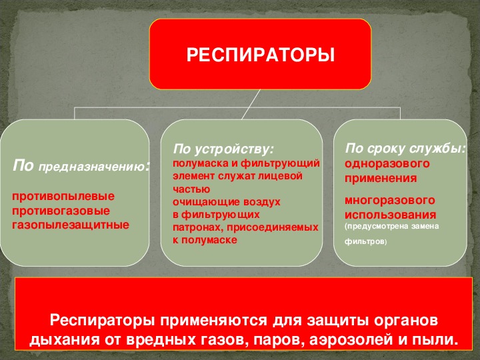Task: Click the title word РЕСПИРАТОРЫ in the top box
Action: click(261, 54)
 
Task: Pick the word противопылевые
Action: click(63, 197)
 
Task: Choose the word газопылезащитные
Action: click(70, 224)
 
